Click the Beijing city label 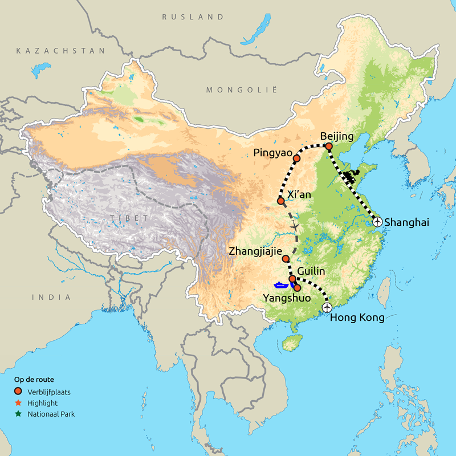pos(337,137)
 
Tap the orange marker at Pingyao pos(296,158)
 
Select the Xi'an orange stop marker pos(280,201)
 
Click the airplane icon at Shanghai pos(377,222)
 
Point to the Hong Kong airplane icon pos(327,307)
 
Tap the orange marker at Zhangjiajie pos(286,258)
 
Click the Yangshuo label pos(287,298)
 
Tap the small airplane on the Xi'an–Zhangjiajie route pos(295,227)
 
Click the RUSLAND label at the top pos(193,17)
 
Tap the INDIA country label pos(51,297)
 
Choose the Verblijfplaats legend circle pos(18,392)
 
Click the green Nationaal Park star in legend pos(18,414)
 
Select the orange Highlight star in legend pos(18,403)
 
